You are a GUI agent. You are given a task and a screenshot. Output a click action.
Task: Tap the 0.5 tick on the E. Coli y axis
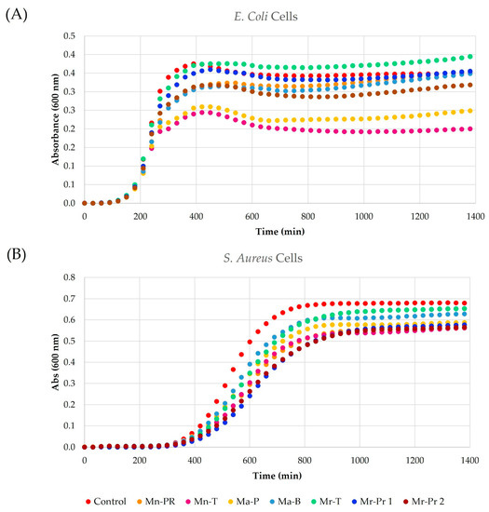click(x=68, y=36)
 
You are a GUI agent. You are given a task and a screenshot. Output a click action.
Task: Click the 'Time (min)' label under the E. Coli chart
click(x=276, y=229)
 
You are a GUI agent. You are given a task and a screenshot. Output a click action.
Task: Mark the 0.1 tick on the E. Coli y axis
click(x=68, y=184)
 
